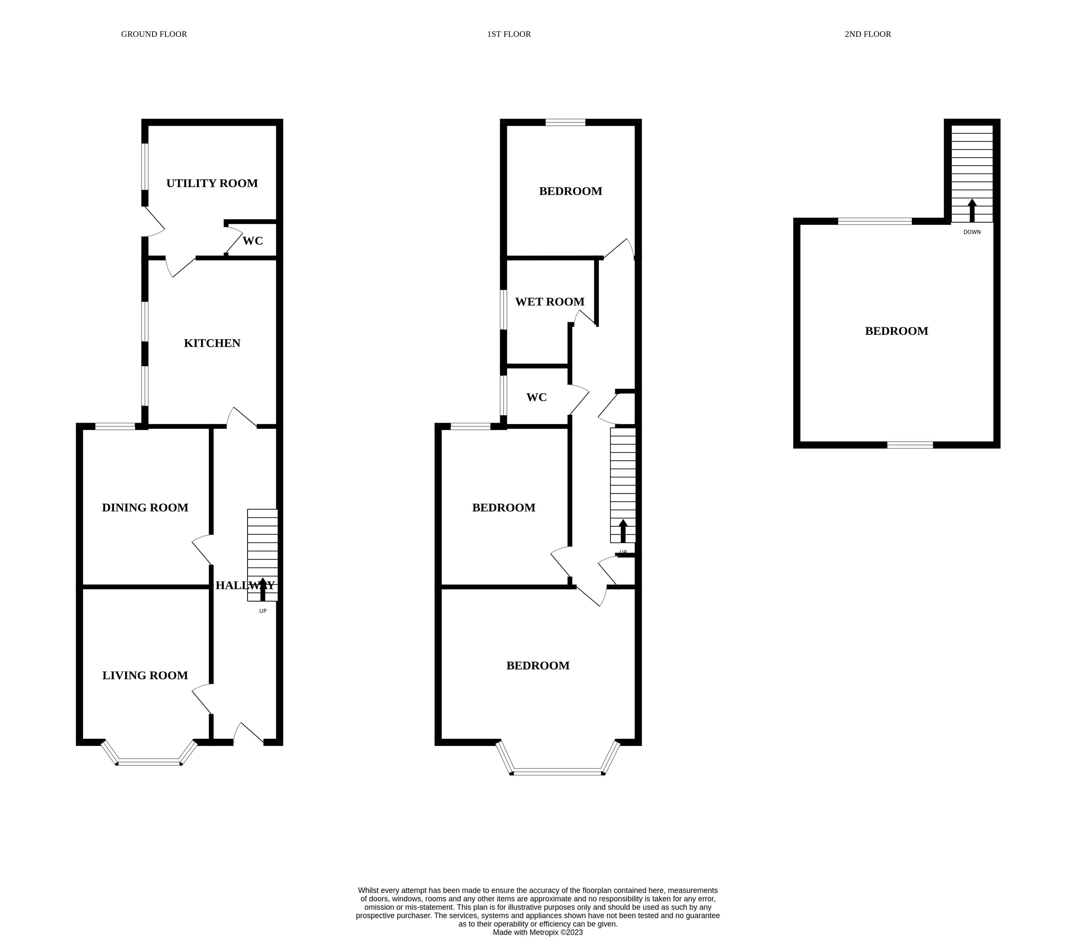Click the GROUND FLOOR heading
click(x=154, y=34)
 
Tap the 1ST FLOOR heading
click(x=508, y=34)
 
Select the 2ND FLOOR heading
click(x=867, y=34)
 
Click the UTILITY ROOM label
click(x=212, y=183)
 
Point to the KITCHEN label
click(x=212, y=343)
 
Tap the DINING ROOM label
click(x=145, y=507)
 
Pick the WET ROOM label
click(x=549, y=302)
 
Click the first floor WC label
click(x=536, y=397)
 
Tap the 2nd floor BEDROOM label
click(x=896, y=331)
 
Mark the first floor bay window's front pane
click(x=557, y=772)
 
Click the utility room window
click(x=145, y=166)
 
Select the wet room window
click(x=503, y=309)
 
